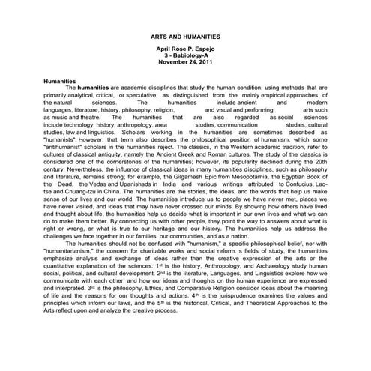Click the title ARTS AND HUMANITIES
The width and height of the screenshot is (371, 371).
[185, 35]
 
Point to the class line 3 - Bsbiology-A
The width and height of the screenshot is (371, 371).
[185, 55]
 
